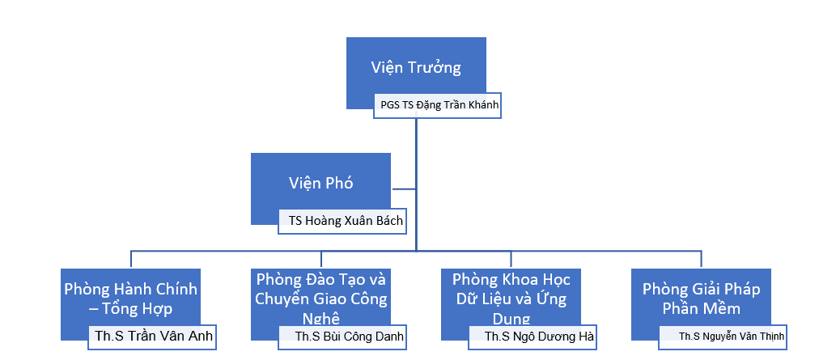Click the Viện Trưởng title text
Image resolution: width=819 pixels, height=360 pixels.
416,67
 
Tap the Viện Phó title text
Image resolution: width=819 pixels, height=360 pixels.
320,183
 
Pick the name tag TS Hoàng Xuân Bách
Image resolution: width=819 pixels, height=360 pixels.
341,219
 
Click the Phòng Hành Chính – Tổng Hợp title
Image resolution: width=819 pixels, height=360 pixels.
131,299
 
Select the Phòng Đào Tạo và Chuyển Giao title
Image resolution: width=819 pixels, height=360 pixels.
321,299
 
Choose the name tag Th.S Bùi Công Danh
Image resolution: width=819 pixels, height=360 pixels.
341,336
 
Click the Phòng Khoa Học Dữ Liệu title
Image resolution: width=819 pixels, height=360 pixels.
511,299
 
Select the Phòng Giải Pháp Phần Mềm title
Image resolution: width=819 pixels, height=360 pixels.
701,299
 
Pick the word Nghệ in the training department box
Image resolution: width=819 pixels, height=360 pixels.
321,317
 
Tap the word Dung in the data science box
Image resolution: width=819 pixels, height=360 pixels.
511,317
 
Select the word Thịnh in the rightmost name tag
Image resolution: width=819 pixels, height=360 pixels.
768,336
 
